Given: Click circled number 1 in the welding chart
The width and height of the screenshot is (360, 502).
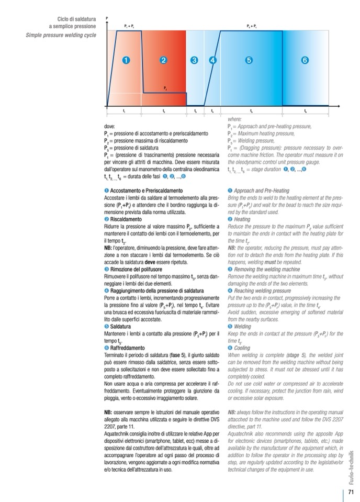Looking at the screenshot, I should [x=126, y=60].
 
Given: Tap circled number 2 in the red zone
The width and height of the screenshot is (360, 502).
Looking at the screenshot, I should [x=164, y=60].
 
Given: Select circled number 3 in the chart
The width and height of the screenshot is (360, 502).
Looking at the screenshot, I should [x=195, y=60].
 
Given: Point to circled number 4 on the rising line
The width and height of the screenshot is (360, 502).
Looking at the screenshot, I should [x=212, y=60].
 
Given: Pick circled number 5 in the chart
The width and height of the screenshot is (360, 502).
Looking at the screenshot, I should [x=249, y=60].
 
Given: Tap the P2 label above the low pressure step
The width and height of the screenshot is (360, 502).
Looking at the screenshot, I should [x=165, y=88].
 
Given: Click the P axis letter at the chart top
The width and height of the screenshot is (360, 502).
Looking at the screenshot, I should [x=107, y=18].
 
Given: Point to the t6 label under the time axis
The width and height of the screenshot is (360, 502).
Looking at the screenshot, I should [x=306, y=111].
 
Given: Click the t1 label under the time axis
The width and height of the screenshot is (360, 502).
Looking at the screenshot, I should [x=124, y=111].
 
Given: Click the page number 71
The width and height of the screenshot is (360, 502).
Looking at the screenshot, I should [x=351, y=492].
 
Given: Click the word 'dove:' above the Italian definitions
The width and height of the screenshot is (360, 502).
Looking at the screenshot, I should [x=111, y=127].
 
